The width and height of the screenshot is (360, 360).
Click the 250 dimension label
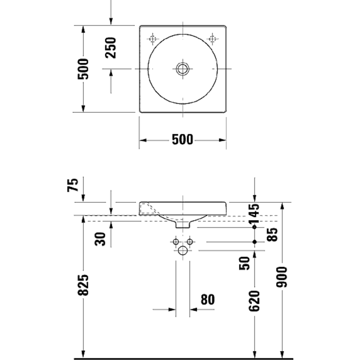[112, 48]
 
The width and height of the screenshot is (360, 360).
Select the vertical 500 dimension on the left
[84, 69]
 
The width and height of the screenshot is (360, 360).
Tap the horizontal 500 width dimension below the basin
[182, 140]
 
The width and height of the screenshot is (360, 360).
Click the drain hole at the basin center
[183, 69]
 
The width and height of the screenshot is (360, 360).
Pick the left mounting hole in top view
[153, 38]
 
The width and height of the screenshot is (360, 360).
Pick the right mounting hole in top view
[213, 38]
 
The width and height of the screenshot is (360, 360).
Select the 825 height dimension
[84, 285]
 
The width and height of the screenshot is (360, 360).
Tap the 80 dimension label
[208, 299]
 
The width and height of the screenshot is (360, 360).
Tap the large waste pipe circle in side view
[183, 251]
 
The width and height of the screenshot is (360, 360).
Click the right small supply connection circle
[191, 242]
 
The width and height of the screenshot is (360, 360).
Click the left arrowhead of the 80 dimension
[172, 310]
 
